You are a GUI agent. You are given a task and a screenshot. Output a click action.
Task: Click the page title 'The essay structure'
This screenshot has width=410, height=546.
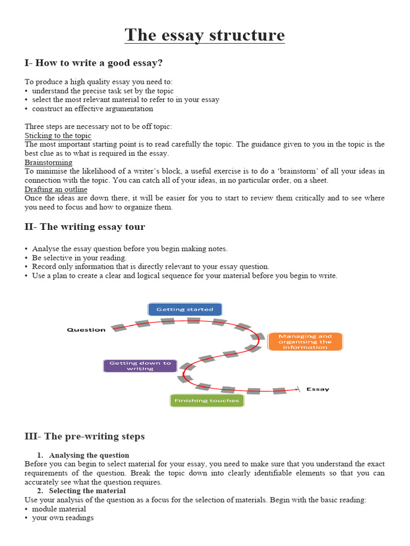[204, 35]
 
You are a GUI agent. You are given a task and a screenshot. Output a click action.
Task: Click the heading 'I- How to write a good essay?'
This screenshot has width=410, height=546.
[93, 63]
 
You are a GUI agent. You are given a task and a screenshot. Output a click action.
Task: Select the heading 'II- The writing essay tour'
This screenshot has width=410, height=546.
[84, 227]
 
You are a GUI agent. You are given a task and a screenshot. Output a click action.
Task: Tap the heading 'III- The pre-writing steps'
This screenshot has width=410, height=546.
[84, 436]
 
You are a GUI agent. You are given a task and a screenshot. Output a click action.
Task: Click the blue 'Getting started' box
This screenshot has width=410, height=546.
[185, 309]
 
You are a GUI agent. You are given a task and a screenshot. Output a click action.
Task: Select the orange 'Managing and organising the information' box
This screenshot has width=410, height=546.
[305, 342]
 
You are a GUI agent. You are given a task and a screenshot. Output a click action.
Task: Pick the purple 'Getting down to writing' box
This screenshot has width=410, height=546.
[140, 366]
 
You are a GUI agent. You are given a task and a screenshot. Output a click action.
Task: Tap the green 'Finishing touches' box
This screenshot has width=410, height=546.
[206, 400]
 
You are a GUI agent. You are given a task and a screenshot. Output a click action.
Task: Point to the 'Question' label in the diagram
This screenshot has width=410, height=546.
[86, 330]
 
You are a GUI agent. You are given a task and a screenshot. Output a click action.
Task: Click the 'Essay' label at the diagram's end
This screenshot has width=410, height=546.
[318, 389]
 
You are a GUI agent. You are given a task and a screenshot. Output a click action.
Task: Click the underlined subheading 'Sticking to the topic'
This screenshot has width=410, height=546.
[58, 136]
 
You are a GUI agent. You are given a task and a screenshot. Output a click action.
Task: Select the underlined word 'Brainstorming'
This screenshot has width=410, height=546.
[49, 162]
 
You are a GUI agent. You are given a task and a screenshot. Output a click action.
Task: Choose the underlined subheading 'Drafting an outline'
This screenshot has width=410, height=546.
[56, 189]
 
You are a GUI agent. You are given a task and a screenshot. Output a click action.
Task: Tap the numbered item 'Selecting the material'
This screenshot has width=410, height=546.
[87, 491]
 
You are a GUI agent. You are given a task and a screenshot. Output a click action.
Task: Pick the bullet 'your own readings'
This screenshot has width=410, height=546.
[62, 518]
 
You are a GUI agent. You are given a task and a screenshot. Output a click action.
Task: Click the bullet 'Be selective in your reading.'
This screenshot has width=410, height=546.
[79, 258]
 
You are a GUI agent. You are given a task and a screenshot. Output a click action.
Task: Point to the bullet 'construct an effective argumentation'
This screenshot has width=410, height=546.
[92, 109]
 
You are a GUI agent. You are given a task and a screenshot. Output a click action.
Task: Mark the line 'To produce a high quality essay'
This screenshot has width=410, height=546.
[99, 82]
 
